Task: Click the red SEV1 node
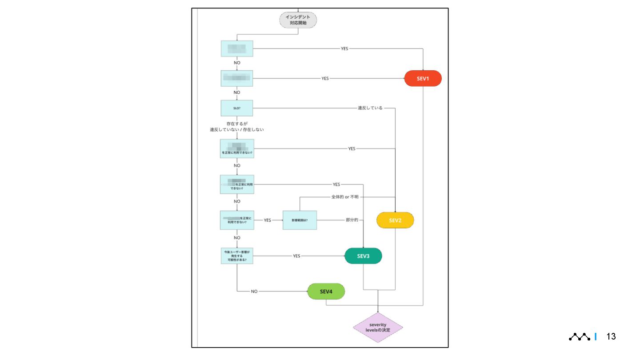tap(423, 78)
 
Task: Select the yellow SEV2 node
tap(395, 220)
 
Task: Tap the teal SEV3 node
tap(363, 256)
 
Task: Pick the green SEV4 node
tap(326, 292)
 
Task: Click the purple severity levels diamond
tap(378, 328)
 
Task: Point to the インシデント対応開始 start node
tap(298, 20)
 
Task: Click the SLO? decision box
tap(237, 108)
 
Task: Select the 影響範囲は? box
tap(300, 220)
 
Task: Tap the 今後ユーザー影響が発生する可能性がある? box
tap(237, 256)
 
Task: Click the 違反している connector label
tap(370, 108)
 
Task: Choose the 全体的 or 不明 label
tap(345, 197)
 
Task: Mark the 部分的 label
tap(352, 220)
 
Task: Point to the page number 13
tap(611, 336)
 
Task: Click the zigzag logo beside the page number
tap(580, 337)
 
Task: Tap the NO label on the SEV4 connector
tap(254, 292)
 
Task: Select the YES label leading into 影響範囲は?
tap(267, 220)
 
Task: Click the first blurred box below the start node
tap(237, 48)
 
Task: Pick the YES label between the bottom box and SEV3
tap(296, 256)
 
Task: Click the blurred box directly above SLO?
tap(237, 78)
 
